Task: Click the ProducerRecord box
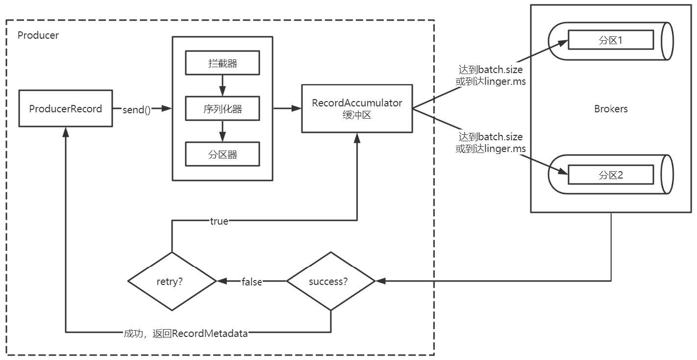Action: (x=65, y=108)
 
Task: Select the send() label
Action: (x=137, y=109)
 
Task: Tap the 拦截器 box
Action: (x=223, y=64)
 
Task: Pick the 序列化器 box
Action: (x=223, y=109)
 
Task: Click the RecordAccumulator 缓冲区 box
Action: (x=357, y=108)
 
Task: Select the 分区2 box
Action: (x=611, y=175)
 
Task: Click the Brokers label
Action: (x=611, y=109)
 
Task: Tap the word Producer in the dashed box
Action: (x=38, y=35)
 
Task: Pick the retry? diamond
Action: (x=172, y=282)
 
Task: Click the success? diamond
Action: (x=330, y=282)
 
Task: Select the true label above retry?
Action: (x=219, y=221)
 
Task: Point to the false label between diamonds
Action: (x=251, y=282)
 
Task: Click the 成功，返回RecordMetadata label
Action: (x=186, y=334)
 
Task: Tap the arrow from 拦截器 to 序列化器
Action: (x=223, y=86)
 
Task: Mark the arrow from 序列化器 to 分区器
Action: (x=223, y=132)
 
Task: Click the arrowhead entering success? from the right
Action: (x=380, y=281)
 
